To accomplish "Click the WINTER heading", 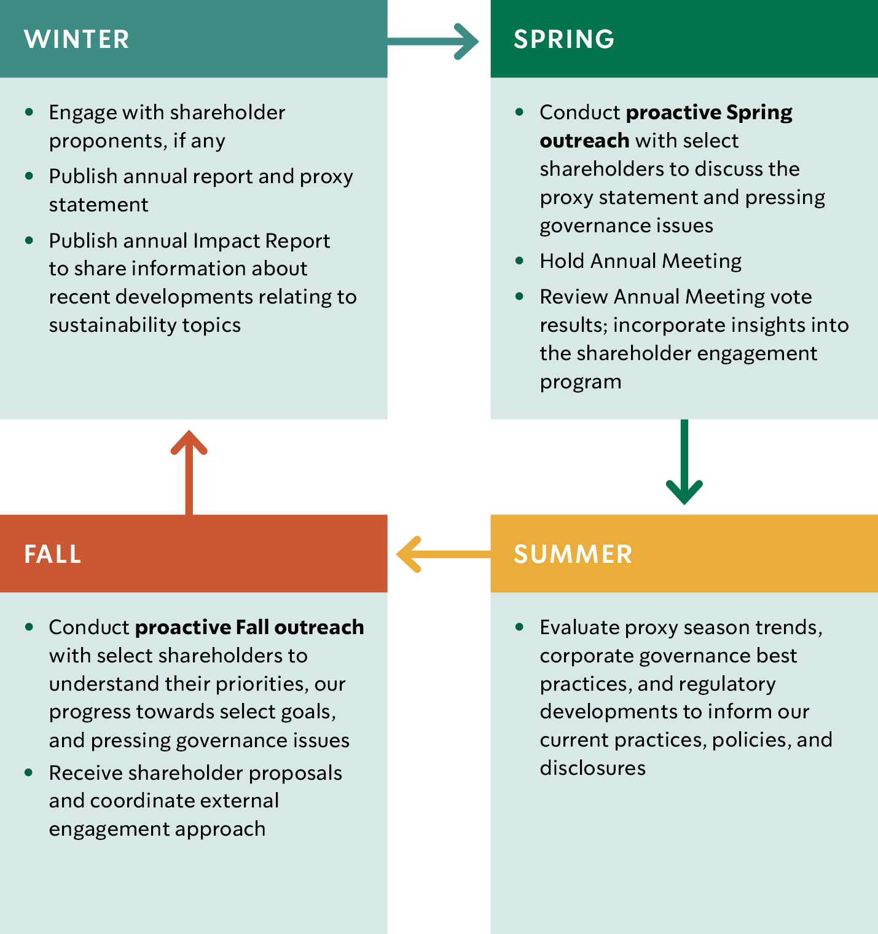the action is coord(77,39).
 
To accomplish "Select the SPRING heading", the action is coord(564,39).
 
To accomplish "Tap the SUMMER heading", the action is coord(573,554).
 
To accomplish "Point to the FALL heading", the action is coord(53,554).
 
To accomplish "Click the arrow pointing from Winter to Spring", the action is coord(433,41).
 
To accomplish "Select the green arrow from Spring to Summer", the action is coord(684,462).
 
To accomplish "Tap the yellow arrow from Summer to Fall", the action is coord(444,554).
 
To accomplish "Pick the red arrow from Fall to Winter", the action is coord(189,472).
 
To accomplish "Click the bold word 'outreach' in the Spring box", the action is coord(584,141).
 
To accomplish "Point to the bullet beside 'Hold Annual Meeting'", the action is coord(520,261).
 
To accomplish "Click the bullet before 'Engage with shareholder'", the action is coord(29,112).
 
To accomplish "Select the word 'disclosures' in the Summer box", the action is coord(593,768).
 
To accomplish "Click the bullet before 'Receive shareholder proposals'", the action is coord(29,772).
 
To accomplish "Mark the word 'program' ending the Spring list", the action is coord(581,382).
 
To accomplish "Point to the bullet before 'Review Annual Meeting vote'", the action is coord(520,296).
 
